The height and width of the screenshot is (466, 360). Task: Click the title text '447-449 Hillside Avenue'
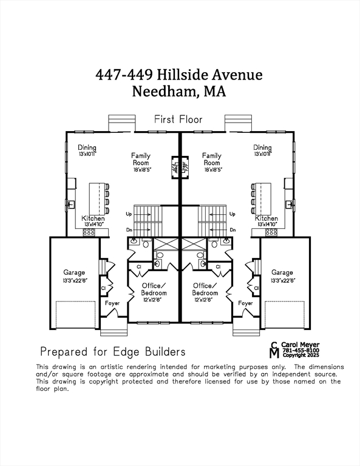click(x=179, y=75)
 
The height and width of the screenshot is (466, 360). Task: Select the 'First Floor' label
click(x=178, y=120)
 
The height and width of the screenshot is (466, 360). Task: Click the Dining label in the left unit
click(x=87, y=147)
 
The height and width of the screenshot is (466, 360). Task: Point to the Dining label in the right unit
click(x=262, y=147)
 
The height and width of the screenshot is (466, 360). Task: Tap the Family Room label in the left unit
click(x=141, y=159)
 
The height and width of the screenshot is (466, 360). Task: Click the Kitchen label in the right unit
click(x=267, y=218)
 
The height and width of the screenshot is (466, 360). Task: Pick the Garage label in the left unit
click(x=75, y=272)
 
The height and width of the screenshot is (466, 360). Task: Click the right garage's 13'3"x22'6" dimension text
click(x=282, y=280)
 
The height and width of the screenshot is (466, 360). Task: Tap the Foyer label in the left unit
click(x=112, y=303)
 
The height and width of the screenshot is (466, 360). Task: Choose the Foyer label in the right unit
click(x=245, y=303)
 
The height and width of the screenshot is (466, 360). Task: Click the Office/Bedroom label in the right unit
click(x=205, y=289)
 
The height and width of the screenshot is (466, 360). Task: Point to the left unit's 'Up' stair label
click(x=129, y=214)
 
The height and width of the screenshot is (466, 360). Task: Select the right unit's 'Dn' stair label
click(x=232, y=230)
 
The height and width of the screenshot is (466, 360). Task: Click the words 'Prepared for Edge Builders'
click(x=113, y=351)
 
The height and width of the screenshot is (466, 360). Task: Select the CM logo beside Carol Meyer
click(x=274, y=350)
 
